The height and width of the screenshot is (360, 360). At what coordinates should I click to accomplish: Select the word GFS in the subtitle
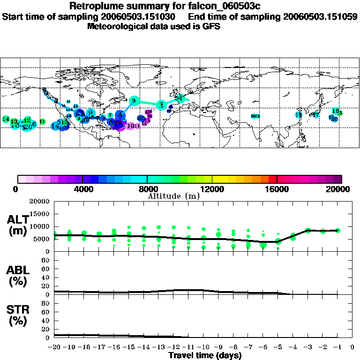211,26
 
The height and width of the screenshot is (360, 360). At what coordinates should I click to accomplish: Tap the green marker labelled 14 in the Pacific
6,120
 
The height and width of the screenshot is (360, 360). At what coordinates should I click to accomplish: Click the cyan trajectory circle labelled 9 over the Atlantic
134,101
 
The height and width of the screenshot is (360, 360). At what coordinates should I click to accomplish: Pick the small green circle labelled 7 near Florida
110,115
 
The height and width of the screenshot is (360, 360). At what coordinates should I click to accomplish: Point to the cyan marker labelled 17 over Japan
316,115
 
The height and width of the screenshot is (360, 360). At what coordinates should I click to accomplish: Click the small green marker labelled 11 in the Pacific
42,121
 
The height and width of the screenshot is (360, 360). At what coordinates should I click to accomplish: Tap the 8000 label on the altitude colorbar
147,189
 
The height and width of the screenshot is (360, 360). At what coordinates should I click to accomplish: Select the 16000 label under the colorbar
277,189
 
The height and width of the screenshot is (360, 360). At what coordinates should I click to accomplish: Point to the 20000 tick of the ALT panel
40,202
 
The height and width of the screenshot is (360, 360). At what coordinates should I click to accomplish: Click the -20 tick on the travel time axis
54,347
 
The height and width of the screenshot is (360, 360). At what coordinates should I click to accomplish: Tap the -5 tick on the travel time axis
277,347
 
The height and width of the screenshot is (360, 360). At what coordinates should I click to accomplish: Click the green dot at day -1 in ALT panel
337,230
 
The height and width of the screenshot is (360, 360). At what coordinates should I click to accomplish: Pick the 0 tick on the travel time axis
352,347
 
